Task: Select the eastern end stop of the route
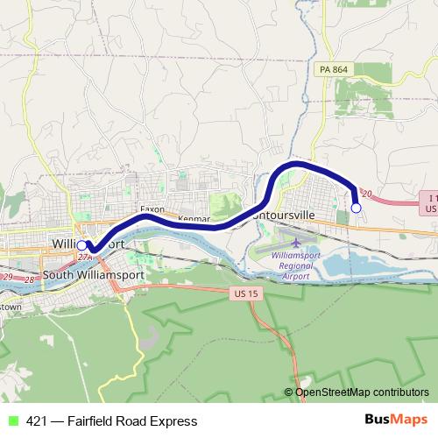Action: coord(356,208)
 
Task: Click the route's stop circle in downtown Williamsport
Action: coord(81,245)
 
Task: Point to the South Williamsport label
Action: coord(94,273)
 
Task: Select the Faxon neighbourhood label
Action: coord(152,211)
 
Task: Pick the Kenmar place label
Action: coord(194,217)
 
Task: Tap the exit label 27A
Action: coord(84,258)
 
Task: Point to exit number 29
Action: coord(7,277)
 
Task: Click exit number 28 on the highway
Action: coord(30,278)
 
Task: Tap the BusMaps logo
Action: coord(390,420)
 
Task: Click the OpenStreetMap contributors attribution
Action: coord(361,392)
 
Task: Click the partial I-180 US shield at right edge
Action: coord(428,204)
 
